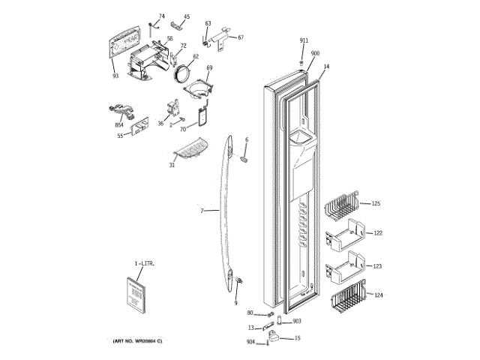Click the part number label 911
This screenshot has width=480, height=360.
pos(304,40)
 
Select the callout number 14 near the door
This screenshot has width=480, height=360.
pos(326,67)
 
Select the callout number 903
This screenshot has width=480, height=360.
pos(297,321)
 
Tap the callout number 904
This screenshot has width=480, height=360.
pos(250,343)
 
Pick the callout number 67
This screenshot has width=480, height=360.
pos(241,37)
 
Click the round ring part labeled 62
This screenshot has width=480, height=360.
pos(181,73)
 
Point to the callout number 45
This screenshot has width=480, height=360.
pos(187,16)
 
